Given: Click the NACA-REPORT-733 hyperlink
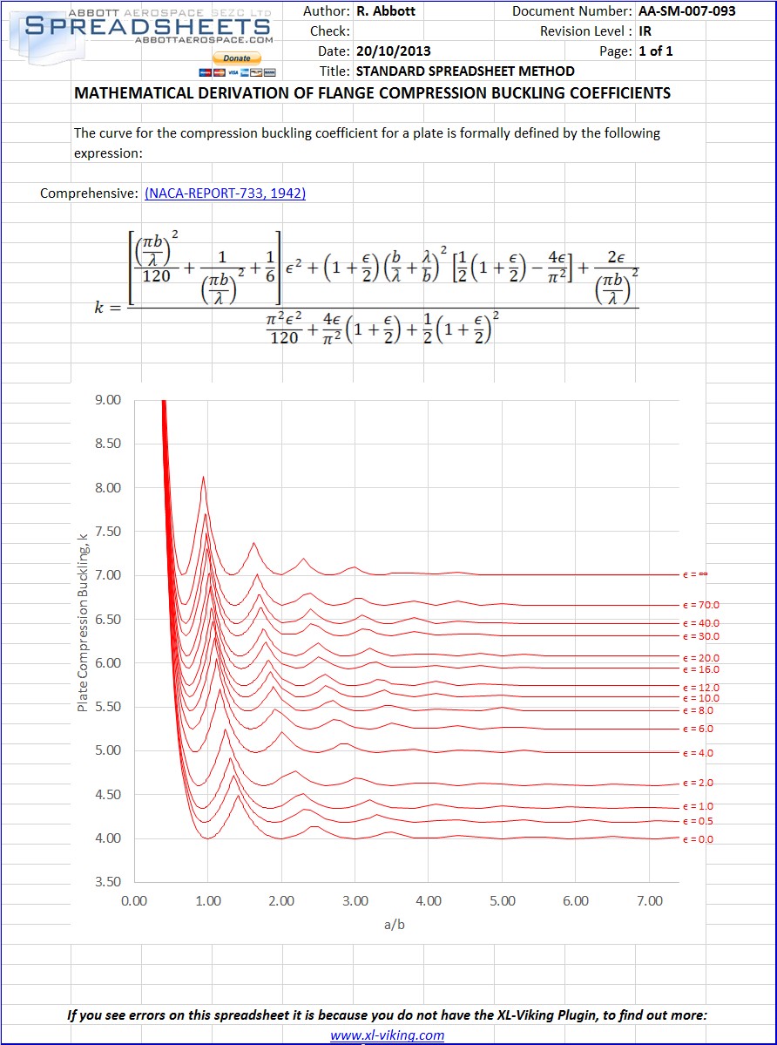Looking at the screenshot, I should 225,193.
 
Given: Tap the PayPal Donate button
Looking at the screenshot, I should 237,58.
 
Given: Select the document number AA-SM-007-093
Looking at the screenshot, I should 686,11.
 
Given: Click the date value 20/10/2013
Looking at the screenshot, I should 393,51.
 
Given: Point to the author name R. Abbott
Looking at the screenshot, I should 386,11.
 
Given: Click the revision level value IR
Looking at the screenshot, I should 645,31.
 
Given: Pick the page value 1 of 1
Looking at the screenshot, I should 656,51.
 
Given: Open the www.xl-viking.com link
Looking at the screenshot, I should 387,1035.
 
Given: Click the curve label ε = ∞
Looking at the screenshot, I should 700,574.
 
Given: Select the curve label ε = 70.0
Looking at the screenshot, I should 702,605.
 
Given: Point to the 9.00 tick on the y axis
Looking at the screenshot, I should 108,400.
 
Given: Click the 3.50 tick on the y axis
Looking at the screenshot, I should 108,882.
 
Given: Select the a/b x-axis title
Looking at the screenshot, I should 394,925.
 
